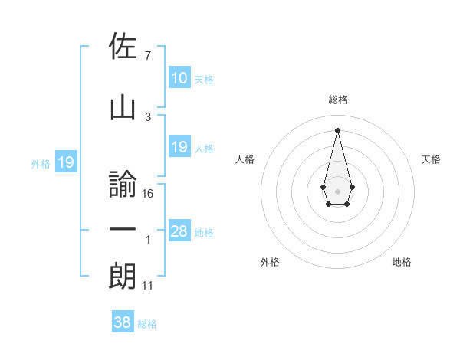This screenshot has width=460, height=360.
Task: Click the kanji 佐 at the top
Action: point(123,46)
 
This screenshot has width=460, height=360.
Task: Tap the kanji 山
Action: point(123,109)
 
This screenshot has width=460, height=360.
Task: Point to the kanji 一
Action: point(123,231)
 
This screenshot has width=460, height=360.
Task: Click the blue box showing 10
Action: point(179,77)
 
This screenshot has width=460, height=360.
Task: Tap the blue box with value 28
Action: point(179,231)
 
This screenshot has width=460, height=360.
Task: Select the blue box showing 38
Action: point(123,322)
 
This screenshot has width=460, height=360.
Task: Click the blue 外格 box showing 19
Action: point(65,162)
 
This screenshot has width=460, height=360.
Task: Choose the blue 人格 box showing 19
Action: point(179,146)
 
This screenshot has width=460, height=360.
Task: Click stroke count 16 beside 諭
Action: point(148,193)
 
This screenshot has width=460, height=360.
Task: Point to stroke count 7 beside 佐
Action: point(147,55)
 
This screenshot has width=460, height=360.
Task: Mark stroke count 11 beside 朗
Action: point(148,286)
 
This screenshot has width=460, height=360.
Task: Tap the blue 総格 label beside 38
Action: point(147,324)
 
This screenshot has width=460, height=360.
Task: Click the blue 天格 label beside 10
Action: point(203,79)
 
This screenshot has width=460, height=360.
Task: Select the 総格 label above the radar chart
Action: point(337,100)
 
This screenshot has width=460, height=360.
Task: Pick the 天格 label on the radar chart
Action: point(431,159)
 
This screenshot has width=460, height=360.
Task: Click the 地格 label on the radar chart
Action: point(402,262)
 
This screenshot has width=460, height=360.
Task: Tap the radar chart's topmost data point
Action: point(337,129)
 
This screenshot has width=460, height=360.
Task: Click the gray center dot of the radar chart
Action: point(337,190)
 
